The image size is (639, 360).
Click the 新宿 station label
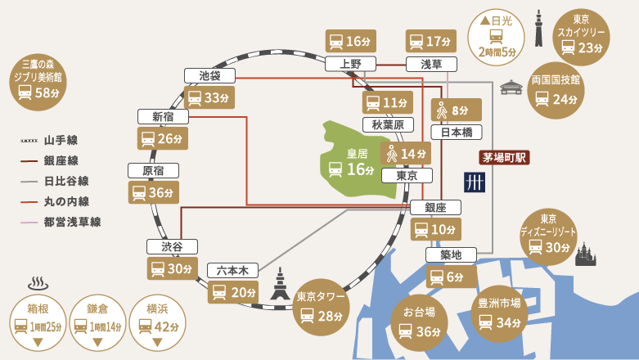click(x=162, y=116)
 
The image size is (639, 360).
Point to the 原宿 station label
click(x=153, y=170)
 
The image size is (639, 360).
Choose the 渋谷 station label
click(x=172, y=246)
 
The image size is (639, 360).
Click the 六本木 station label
click(x=232, y=269)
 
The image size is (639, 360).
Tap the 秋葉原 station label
click(x=387, y=124)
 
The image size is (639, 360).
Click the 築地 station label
click(x=451, y=255)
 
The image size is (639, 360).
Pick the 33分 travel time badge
click(x=209, y=98)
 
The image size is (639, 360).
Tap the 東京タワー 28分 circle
click(x=322, y=306)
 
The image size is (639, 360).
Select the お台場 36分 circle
click(x=417, y=320)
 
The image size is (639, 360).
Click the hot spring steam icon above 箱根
click(x=38, y=284)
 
